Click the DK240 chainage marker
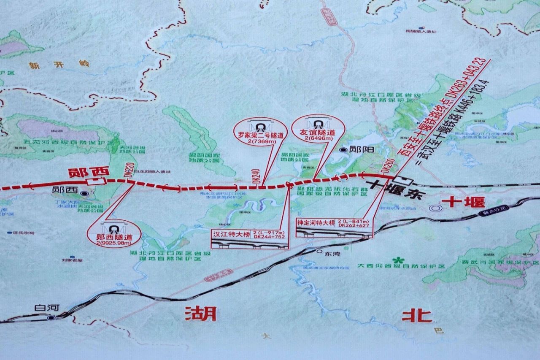(256, 176)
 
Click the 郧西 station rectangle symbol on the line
(94, 182)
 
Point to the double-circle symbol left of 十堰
(435, 208)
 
